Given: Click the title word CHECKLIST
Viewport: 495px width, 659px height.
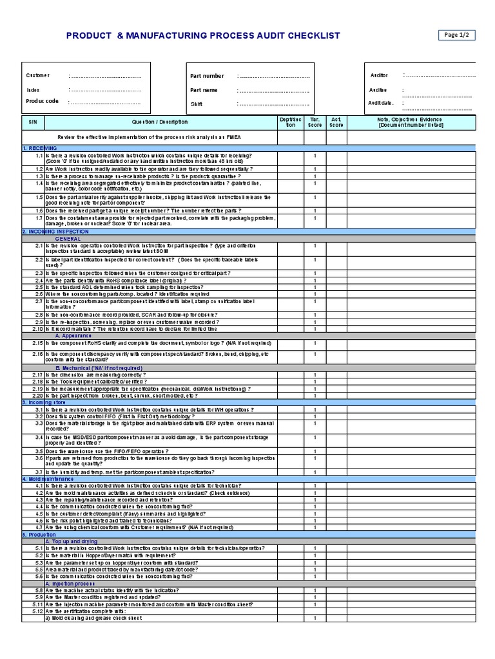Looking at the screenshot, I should coord(309,36).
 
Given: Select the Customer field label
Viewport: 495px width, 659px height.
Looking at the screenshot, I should coord(37,76).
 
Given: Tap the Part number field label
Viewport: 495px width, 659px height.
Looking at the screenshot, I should coord(207,76).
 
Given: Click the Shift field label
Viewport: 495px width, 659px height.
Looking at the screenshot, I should coord(196,104).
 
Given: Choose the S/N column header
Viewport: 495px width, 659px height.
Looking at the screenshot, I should coord(33,122).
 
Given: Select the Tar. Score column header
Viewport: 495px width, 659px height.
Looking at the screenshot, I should coord(315,122).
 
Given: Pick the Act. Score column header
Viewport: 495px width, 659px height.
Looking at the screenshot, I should coord(336,122).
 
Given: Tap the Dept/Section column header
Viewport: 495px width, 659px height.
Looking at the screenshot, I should coord(289,122).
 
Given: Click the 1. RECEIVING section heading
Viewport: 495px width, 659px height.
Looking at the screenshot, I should coord(40,148).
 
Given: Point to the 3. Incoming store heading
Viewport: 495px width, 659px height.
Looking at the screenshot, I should coord(44,402).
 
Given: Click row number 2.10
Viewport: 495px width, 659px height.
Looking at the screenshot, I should coord(37,329).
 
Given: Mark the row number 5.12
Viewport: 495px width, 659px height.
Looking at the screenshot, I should coord(37,611).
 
